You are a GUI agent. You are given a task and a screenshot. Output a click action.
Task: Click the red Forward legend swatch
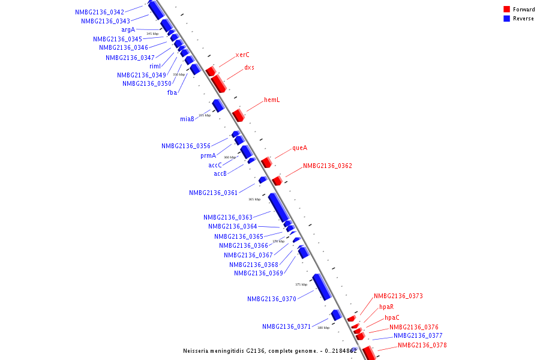[507, 9]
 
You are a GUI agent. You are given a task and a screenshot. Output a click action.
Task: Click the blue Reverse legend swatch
[507, 19]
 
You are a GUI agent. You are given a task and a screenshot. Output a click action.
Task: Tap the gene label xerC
[242, 55]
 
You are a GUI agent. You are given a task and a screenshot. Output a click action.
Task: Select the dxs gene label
[249, 67]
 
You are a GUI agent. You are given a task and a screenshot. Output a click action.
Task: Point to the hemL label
[272, 100]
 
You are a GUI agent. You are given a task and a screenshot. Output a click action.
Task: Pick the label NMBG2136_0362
[327, 166]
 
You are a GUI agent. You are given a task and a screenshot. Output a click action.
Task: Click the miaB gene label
[187, 119]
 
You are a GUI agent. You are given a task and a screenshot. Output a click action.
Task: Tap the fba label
[172, 92]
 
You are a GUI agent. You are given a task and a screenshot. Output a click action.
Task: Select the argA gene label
[128, 29]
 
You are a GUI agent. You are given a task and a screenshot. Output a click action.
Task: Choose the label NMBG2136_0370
[271, 299]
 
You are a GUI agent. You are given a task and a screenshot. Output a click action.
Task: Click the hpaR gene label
[386, 307]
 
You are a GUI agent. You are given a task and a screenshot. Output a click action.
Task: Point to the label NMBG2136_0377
[418, 335]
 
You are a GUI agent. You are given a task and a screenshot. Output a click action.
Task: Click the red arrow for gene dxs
[218, 83]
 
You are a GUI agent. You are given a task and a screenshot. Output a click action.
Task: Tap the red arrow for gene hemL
[238, 115]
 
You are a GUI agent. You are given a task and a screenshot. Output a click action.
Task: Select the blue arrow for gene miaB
[218, 106]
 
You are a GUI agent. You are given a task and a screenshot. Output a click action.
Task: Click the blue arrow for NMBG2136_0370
[322, 287]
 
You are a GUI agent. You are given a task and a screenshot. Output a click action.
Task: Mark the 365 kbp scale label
[254, 199]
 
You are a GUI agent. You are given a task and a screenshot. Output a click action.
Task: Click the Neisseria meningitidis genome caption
[270, 350]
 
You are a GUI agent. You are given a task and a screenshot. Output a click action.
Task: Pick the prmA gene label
[208, 155]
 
